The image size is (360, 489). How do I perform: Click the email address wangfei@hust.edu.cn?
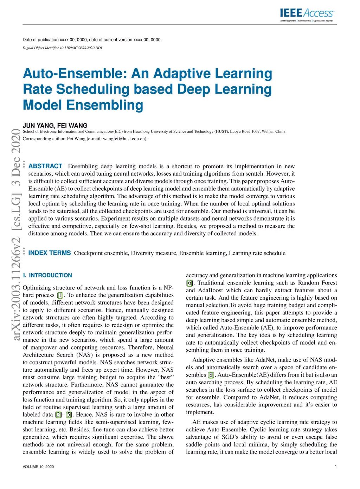click(124, 139)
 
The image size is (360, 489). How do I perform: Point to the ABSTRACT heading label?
click(45, 166)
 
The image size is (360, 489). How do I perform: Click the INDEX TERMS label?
click(50, 253)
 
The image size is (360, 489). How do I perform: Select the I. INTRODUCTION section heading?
click(47, 275)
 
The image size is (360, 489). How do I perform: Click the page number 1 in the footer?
click(336, 467)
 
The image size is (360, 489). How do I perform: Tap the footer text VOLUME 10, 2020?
click(38, 467)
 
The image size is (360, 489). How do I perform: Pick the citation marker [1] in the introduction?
click(60, 295)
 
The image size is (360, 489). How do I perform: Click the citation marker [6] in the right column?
click(189, 283)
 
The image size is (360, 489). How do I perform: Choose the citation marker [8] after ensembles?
click(211, 375)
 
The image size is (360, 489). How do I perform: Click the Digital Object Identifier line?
click(62, 48)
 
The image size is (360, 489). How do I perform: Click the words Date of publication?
click(40, 40)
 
